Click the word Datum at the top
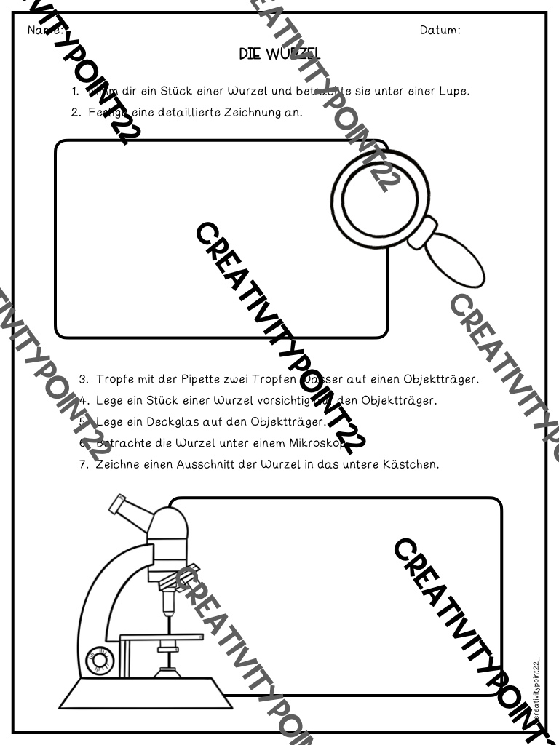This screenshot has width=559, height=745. point(440,31)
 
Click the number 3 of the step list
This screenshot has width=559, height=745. point(84,379)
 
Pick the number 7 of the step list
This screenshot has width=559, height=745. point(84,464)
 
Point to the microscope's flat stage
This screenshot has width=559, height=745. point(162,638)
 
